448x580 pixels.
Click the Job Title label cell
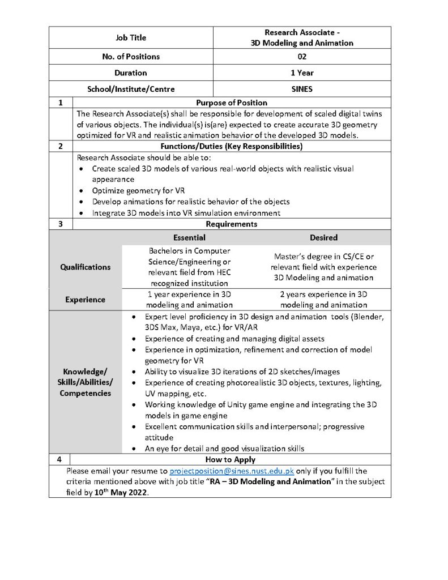click(130, 38)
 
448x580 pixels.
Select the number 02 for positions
click(301, 57)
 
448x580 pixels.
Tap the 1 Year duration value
click(301, 73)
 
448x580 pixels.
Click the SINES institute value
click(301, 89)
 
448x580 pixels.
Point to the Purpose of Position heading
click(231, 103)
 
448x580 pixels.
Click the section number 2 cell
click(61, 146)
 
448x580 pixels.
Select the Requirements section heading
click(231, 224)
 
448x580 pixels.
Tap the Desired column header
click(323, 237)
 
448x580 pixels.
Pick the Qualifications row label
click(86, 267)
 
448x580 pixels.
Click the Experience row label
click(86, 300)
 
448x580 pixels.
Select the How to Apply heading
click(230, 459)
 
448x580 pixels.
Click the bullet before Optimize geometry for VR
click(83, 191)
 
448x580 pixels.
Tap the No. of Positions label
click(130, 57)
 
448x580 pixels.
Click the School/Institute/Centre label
click(130, 89)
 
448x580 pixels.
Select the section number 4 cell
click(59, 459)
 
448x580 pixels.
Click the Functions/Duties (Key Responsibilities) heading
click(231, 146)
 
